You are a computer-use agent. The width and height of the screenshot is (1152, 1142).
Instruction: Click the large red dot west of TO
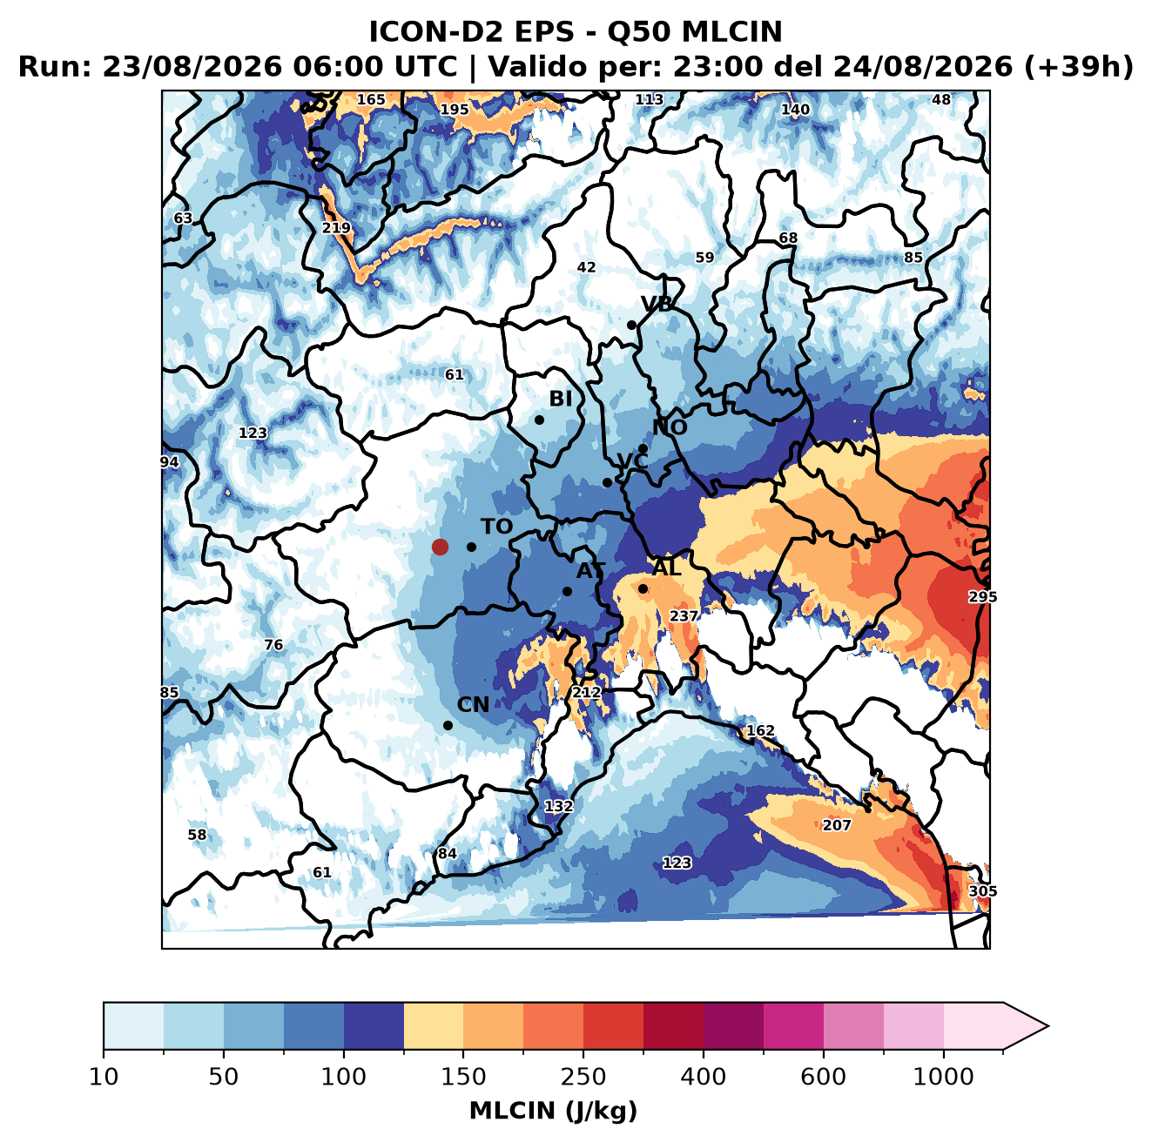point(440,547)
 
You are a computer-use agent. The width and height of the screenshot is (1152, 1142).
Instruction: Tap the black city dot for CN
point(448,725)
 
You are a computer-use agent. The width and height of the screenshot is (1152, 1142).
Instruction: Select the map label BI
point(560,399)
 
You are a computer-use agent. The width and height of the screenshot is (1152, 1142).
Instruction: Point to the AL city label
point(667,568)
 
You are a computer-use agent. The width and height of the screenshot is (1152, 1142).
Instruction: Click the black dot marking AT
point(567,592)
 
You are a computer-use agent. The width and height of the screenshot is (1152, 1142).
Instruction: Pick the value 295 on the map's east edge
point(983,596)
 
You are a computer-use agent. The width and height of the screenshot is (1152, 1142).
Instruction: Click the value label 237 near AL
point(684,615)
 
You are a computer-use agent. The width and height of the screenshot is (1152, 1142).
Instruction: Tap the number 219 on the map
point(336,228)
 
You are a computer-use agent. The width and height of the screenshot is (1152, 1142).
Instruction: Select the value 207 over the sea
point(836,825)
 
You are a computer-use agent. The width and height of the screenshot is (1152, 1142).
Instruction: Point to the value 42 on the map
point(586,267)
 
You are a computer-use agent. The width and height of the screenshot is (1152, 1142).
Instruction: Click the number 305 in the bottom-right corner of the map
point(983,891)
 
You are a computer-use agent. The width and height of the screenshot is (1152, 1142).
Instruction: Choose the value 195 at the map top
point(455,110)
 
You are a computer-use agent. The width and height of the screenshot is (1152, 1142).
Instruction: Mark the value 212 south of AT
point(587,693)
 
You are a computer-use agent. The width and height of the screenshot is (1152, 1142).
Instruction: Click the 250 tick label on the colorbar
point(583,1077)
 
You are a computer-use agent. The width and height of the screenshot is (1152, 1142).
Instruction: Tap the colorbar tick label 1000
point(943,1077)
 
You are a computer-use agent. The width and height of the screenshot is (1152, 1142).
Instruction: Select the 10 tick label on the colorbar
point(104,1077)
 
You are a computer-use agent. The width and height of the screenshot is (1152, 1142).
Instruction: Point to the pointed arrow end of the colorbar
point(1048,1026)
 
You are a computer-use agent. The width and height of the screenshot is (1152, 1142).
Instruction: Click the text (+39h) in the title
point(1078,67)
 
